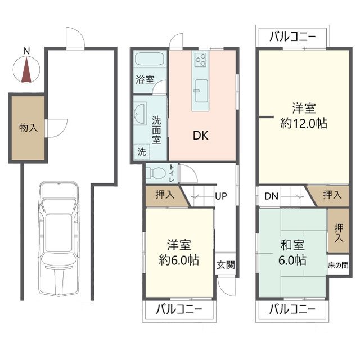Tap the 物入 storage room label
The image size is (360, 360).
(28, 128)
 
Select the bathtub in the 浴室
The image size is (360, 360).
(149, 60)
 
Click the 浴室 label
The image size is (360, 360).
(145, 80)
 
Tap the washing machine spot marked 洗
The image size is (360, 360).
(142, 151)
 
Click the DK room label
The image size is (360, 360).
(200, 136)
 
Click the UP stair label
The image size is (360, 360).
(221, 197)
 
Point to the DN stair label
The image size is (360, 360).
(271, 197)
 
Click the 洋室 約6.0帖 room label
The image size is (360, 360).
(179, 253)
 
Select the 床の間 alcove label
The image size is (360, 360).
(338, 265)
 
